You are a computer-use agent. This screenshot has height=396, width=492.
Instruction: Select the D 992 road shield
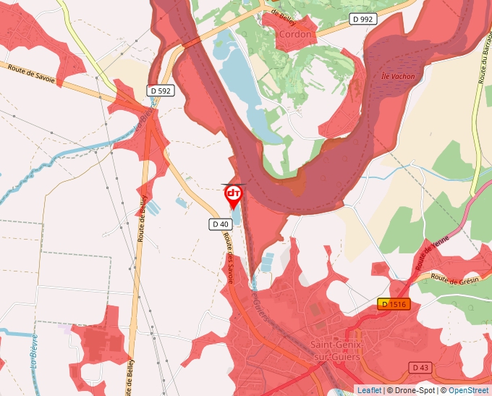pos(361,19)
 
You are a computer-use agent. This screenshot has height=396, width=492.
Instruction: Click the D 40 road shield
pos(221,224)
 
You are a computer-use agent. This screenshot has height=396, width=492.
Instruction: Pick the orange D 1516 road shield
pos(394,304)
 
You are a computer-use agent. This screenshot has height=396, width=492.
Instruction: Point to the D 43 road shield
pos(420,368)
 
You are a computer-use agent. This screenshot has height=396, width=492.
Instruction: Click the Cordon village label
pos(295,34)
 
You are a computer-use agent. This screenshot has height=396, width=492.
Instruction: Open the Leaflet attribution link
pos(369,390)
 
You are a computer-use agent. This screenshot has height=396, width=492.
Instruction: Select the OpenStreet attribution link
pos(470,390)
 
